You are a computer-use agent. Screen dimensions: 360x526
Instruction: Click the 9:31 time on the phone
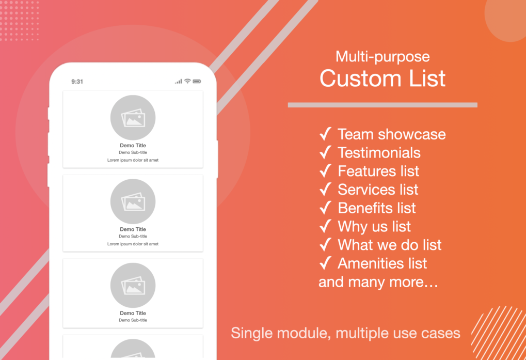coord(77,82)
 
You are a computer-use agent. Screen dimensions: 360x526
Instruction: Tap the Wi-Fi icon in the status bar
coord(187,81)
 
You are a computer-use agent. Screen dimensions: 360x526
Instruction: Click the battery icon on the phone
coord(197,81)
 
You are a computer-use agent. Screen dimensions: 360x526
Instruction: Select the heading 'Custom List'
coord(382,79)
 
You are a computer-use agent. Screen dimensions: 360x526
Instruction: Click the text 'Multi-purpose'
coord(382,56)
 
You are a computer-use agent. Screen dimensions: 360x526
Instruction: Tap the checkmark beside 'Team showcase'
coord(325,134)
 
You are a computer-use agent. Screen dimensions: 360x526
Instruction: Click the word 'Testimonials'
coord(379,153)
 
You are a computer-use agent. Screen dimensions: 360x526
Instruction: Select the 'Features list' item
coord(378,171)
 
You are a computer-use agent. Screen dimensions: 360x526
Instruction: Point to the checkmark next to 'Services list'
coord(325,190)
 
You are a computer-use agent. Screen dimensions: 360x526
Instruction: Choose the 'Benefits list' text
coord(377,208)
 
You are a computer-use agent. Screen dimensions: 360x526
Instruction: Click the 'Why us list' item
coord(374,227)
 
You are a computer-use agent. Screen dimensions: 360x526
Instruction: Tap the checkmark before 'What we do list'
coord(325,245)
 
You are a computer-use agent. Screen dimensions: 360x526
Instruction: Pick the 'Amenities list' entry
coord(382,263)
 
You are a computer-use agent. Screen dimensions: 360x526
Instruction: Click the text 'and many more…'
coord(378,282)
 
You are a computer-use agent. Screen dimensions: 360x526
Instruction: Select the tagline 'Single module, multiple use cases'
coord(345,333)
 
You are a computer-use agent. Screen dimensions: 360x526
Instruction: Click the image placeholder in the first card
coord(133,118)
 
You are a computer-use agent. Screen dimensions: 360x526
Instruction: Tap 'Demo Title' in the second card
coord(133,229)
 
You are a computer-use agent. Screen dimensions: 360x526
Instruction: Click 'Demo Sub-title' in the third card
coord(133,320)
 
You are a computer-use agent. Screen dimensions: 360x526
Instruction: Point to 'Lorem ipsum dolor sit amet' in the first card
coord(133,160)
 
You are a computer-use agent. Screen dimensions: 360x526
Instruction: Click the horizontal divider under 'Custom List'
coord(382,105)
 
